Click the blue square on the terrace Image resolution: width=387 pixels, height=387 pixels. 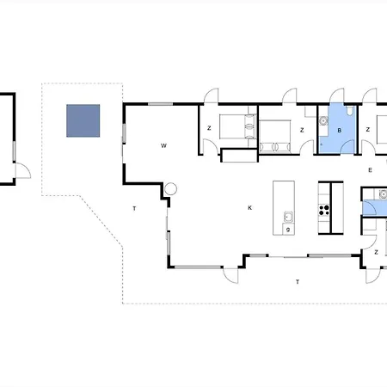83,120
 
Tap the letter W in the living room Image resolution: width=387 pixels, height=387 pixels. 163,145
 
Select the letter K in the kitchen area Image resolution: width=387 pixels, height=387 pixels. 249,208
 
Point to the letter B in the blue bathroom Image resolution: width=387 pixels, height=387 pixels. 340,131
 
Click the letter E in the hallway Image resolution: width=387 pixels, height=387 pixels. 370,170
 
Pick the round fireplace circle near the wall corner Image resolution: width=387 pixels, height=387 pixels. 170,189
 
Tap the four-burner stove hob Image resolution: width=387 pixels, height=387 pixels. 324,210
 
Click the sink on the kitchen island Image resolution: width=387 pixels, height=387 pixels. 288,217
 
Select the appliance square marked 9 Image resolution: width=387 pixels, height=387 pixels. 288,230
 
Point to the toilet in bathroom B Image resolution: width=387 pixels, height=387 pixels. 349,111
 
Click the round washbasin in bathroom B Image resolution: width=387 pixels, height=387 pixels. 323,121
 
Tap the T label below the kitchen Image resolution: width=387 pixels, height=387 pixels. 298,282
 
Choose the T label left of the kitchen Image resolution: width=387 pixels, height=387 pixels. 134,208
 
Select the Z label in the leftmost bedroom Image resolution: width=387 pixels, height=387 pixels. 209,128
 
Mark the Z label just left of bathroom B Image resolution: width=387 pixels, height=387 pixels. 302,130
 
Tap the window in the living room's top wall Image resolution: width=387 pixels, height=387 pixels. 160,104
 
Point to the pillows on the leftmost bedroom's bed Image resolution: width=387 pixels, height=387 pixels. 250,126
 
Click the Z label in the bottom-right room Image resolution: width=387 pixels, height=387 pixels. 376,252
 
